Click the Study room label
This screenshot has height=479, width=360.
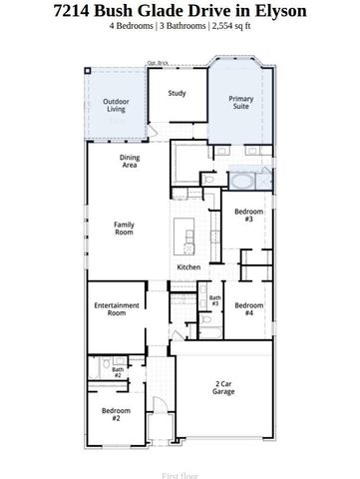point(177,94)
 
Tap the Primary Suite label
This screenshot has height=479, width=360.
point(241,103)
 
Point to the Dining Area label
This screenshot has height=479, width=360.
point(129,163)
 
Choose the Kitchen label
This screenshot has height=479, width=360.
point(189,267)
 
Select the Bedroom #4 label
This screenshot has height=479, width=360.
point(250,309)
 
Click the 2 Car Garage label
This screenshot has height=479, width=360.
point(223,387)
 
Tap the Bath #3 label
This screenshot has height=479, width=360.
point(214,300)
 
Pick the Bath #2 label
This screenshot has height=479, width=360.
point(117,373)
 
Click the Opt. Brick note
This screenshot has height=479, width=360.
point(157,63)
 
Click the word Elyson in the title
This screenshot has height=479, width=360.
point(277,12)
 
